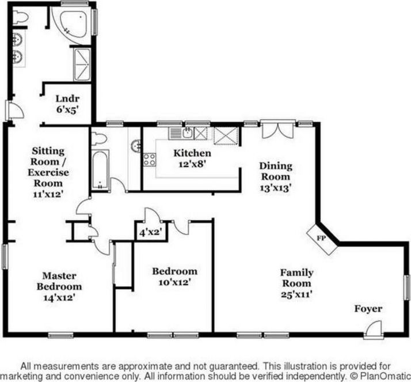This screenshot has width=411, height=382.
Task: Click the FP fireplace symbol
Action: [322, 239]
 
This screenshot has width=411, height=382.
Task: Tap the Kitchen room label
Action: [192, 153]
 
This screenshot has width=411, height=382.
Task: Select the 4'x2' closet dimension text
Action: [150, 232]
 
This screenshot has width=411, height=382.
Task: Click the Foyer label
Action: [368, 309]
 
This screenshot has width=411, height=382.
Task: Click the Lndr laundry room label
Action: [67, 99]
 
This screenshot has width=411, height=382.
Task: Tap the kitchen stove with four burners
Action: [150, 160]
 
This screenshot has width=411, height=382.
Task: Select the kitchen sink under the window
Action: [188, 133]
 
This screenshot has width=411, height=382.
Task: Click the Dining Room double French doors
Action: [278, 129]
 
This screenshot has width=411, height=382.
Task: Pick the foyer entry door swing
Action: [374, 329]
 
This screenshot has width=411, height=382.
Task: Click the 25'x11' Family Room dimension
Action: [296, 294]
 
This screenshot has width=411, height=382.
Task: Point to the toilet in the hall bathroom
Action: [98, 138]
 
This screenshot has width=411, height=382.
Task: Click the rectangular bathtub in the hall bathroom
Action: [100, 169]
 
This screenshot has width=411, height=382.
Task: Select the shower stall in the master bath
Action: [82, 65]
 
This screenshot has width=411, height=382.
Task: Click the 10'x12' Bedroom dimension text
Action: [174, 282]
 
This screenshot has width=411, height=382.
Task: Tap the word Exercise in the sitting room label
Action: [48, 172]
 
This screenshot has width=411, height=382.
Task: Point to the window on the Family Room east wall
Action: [407, 288]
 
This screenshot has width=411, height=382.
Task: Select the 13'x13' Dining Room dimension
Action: [276, 188]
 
